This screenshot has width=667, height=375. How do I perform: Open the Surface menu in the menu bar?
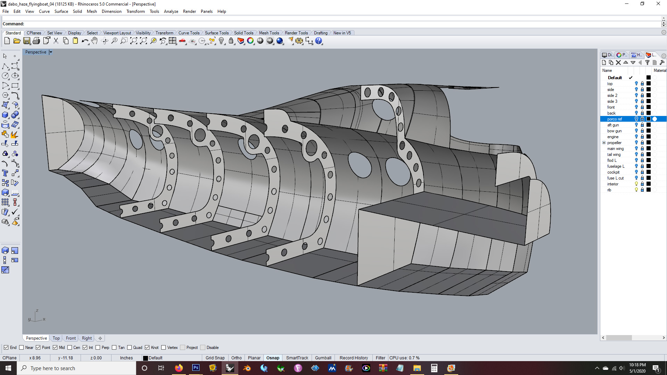tap(61, 11)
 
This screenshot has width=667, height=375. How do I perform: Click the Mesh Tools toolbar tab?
tap(269, 33)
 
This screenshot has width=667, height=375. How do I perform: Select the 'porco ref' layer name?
tap(615, 119)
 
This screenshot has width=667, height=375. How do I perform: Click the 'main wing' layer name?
tap(615, 149)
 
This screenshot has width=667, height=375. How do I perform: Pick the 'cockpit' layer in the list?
tap(613, 172)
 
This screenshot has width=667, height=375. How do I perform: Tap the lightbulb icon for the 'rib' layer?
tap(636, 190)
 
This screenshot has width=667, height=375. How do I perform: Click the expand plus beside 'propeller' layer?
tap(604, 143)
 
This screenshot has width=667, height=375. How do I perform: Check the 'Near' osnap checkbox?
tap(22, 348)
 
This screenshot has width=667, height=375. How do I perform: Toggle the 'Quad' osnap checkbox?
tap(130, 348)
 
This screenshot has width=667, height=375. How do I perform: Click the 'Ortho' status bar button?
tap(237, 358)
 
